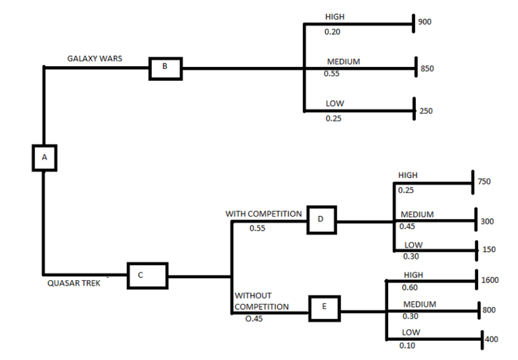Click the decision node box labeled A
click(x=44, y=158)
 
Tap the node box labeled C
click(x=147, y=276)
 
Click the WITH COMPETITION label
click(x=263, y=214)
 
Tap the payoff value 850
click(x=427, y=69)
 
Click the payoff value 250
click(x=426, y=111)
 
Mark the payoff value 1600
click(x=490, y=280)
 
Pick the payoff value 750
click(x=484, y=182)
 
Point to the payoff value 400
click(x=491, y=339)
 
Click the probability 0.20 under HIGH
click(x=333, y=32)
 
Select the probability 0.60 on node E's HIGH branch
click(x=410, y=288)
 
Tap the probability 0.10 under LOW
click(x=408, y=346)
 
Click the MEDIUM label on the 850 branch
click(x=343, y=62)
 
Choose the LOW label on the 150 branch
click(x=414, y=245)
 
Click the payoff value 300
click(x=487, y=221)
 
